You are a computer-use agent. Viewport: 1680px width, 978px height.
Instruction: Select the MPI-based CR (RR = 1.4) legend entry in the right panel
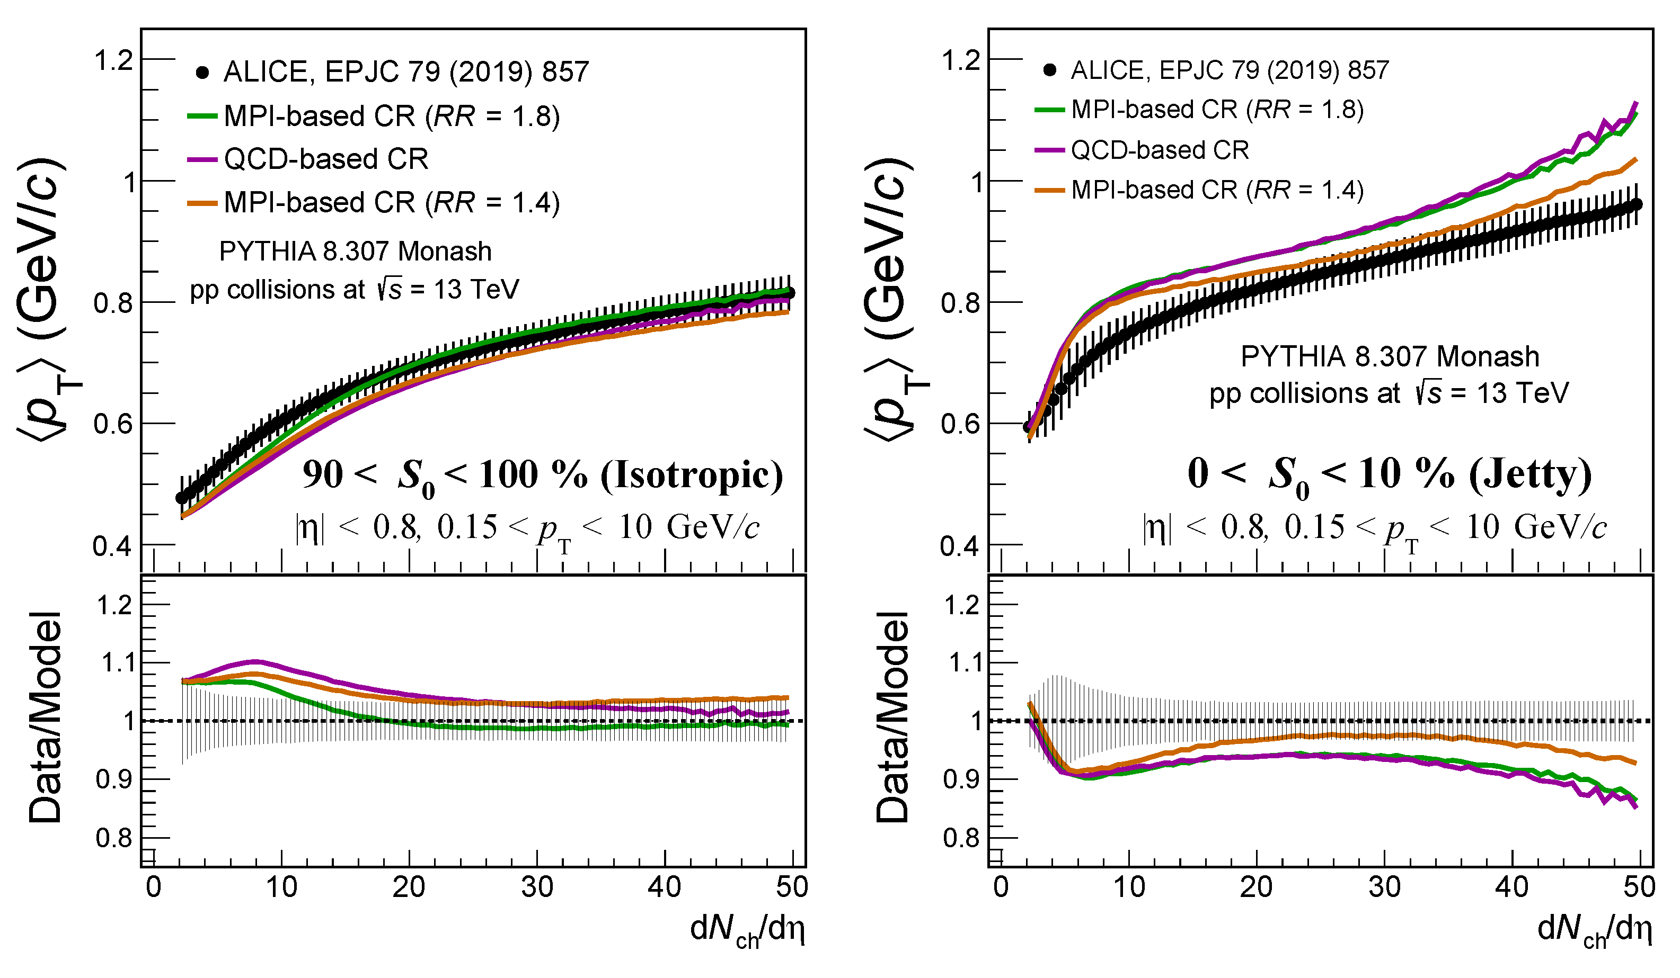[1199, 191]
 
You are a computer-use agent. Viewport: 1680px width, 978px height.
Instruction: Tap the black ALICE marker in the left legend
[202, 72]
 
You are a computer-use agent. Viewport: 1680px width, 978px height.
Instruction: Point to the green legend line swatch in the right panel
[1049, 109]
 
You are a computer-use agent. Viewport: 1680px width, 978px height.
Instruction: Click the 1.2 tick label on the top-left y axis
[113, 60]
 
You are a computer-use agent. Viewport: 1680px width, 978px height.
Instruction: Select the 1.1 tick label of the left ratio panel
[116, 663]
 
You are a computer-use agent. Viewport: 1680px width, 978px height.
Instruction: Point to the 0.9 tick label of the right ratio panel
[961, 779]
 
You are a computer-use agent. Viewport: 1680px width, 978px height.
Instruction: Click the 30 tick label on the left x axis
[537, 887]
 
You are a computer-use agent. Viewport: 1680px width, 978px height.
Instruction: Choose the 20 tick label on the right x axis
[1256, 887]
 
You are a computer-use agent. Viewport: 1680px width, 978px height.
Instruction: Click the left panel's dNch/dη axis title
[747, 930]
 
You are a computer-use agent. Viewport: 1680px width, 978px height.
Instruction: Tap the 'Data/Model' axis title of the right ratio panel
[892, 717]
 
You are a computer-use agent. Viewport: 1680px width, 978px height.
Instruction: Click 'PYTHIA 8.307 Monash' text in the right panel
[1390, 357]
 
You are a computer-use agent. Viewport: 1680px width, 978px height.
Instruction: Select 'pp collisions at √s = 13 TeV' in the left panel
[355, 290]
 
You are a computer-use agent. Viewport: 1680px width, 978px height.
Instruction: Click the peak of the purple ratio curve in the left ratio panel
[256, 661]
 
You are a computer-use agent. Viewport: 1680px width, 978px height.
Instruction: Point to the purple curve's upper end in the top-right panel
[1637, 103]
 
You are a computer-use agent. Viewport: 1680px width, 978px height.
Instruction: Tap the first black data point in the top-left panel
[181, 498]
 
